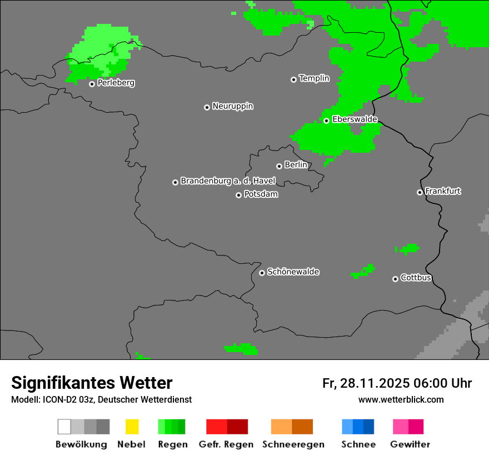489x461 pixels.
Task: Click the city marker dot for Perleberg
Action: coord(92,84)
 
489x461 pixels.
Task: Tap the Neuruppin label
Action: coord(232,106)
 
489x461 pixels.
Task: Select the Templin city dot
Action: coord(293,79)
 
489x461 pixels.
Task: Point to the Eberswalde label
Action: coord(355,119)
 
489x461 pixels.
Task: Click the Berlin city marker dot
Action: coord(279,166)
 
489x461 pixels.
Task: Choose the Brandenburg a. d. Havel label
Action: coord(228,181)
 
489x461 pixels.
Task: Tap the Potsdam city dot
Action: coord(238,195)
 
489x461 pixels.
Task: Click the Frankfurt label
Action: coord(443,191)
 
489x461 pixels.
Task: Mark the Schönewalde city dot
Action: coord(262,273)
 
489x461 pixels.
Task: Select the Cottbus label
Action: coord(416,278)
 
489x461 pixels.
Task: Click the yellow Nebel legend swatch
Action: coord(132,427)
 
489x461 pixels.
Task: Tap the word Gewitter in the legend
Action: coord(410,444)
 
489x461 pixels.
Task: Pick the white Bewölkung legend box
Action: coord(64,427)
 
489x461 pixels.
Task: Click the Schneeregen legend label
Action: coord(293,444)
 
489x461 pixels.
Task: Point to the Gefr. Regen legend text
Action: coord(226,444)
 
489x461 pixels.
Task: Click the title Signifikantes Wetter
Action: coord(92,383)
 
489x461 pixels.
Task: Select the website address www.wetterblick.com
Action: coord(401,399)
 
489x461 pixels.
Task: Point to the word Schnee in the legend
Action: coord(358,444)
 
